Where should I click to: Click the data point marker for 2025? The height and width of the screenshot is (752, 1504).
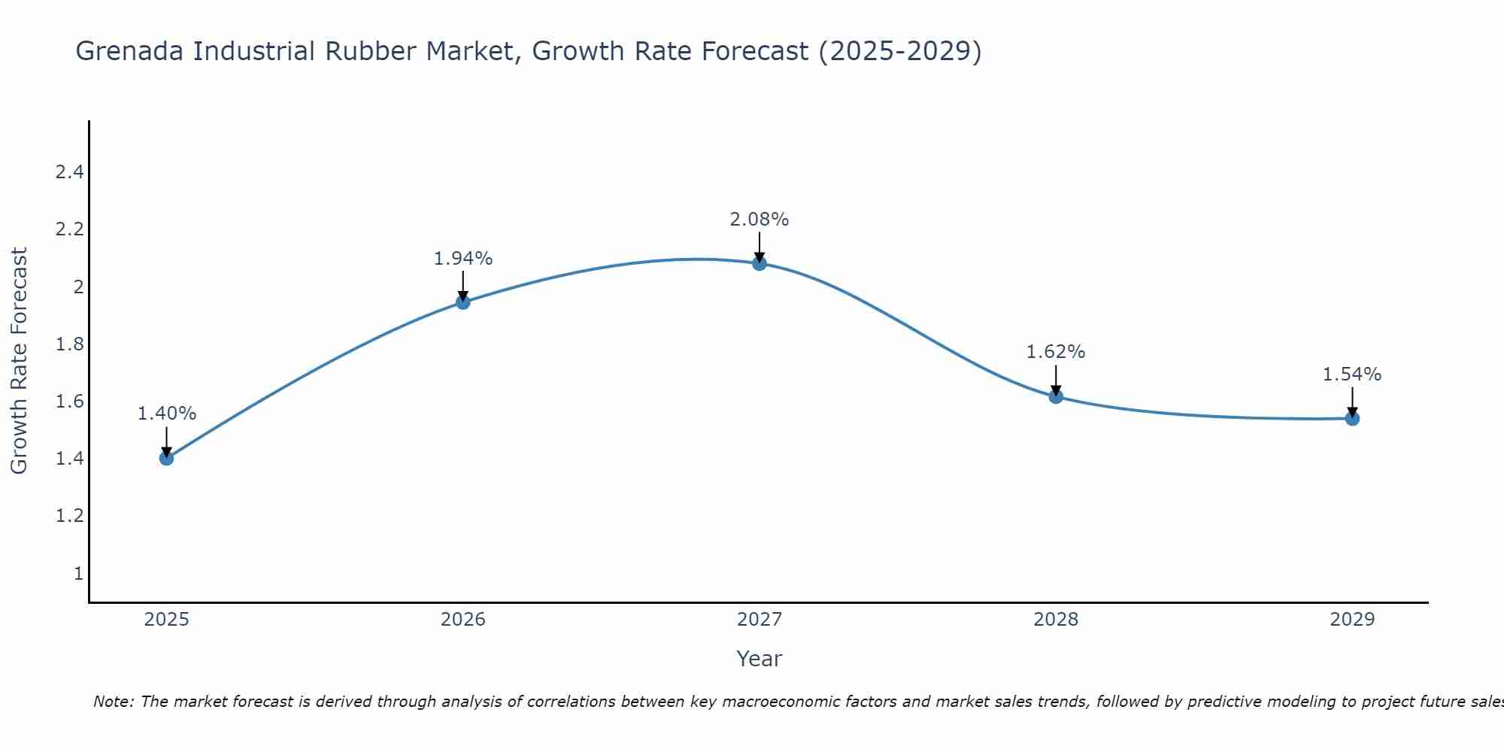(x=167, y=458)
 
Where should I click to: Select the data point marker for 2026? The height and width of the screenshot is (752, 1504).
(x=463, y=302)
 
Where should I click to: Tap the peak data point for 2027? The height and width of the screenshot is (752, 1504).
(x=760, y=263)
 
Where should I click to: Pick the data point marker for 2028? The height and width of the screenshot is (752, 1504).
(x=1056, y=396)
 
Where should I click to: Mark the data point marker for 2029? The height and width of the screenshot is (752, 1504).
(x=1352, y=419)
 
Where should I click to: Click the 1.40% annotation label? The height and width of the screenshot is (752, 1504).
(x=167, y=414)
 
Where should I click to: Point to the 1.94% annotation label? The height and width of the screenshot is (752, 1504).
(x=463, y=259)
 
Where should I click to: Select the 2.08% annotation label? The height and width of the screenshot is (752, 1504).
(x=760, y=220)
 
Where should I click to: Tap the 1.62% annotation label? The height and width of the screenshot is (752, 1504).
(x=1056, y=352)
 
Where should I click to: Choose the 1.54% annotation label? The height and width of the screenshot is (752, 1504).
(x=1352, y=374)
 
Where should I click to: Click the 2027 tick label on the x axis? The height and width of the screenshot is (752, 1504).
(x=760, y=620)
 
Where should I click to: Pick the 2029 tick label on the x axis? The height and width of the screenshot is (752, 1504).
(x=1352, y=620)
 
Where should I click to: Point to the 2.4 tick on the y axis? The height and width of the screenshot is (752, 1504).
(x=69, y=172)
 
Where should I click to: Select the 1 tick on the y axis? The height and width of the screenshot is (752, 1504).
(x=78, y=574)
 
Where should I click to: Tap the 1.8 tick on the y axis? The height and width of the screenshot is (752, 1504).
(x=69, y=344)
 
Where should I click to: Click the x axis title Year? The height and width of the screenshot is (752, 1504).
(x=760, y=659)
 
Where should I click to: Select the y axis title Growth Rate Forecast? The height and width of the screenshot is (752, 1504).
(x=20, y=361)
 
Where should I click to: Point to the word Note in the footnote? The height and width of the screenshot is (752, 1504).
(x=113, y=702)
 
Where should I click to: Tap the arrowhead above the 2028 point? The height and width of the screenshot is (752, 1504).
(x=1056, y=390)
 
